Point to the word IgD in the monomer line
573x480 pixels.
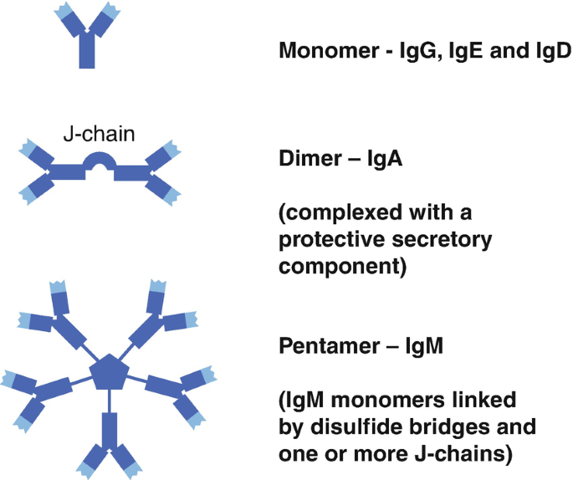click(548, 51)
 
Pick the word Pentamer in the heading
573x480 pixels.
click(323, 345)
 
